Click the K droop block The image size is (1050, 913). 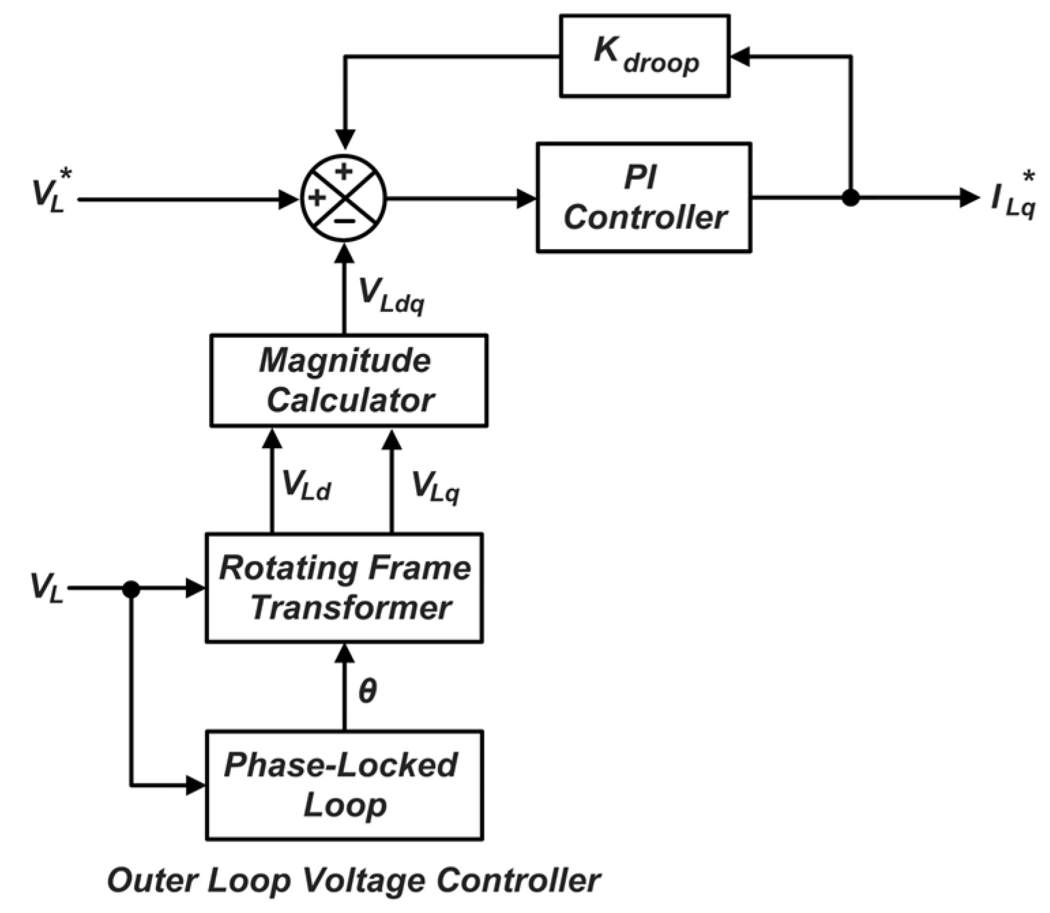click(x=644, y=56)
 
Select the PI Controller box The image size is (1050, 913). click(x=643, y=197)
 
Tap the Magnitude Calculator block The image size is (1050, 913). click(x=349, y=380)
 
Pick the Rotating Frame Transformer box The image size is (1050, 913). click(x=345, y=588)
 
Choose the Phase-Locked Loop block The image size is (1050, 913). click(x=345, y=785)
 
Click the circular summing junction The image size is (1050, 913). click(x=344, y=198)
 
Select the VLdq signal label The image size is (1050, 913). click(x=391, y=295)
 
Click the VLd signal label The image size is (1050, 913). click(x=306, y=485)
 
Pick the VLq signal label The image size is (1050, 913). click(x=435, y=486)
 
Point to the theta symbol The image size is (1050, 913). click(x=367, y=691)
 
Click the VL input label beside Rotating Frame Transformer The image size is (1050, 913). click(x=46, y=587)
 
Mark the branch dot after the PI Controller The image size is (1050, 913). click(x=850, y=198)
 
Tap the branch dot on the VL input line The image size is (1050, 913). click(x=131, y=589)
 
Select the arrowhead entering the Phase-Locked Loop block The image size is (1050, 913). click(x=196, y=785)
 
